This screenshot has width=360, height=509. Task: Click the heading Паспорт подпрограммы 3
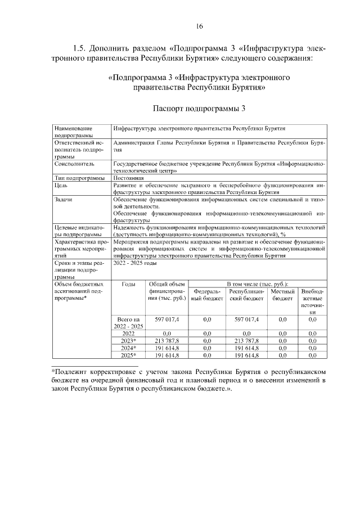point(199,107)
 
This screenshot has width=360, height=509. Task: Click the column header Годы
point(128,285)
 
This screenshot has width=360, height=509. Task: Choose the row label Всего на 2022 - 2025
point(128,323)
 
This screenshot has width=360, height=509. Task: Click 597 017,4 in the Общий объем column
point(166,319)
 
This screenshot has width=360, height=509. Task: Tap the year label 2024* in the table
point(128,348)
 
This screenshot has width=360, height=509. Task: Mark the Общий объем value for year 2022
point(166,334)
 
